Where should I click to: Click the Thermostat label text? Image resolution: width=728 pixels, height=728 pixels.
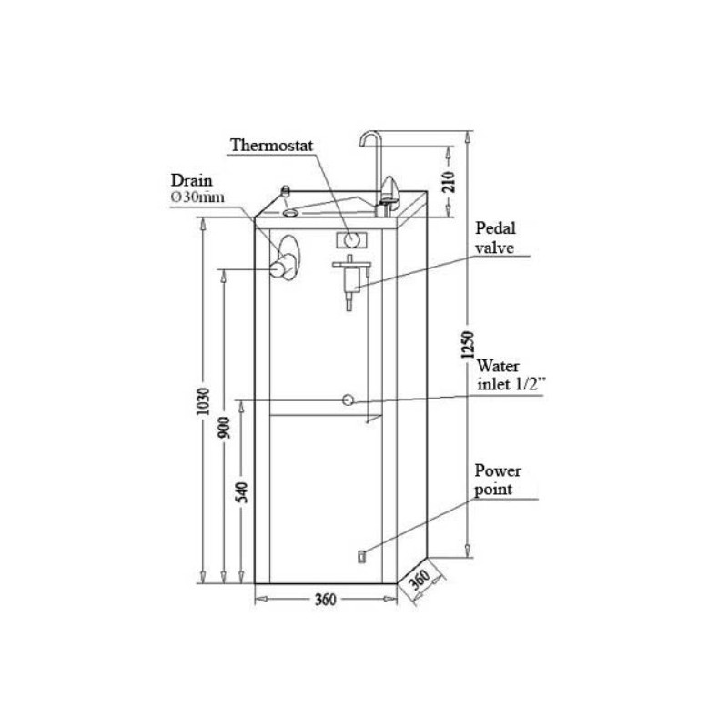[x=272, y=146]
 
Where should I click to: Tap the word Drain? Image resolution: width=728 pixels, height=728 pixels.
[x=191, y=180]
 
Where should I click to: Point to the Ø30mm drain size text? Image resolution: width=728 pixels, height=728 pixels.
[x=197, y=197]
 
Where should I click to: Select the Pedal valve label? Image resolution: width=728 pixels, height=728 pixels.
[x=495, y=238]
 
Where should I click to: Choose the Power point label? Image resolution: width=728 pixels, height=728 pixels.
[x=497, y=480]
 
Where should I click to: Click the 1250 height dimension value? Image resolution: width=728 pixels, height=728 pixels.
[x=469, y=345]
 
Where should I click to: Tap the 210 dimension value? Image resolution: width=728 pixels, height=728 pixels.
[x=449, y=182]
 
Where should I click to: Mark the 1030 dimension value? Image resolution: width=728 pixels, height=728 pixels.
[x=203, y=401]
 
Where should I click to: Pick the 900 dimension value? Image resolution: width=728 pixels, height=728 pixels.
[x=224, y=428]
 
